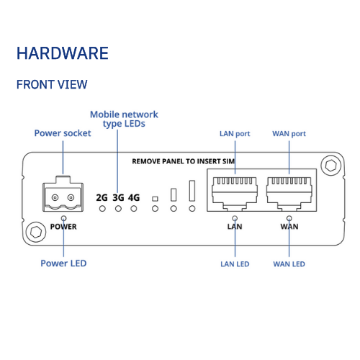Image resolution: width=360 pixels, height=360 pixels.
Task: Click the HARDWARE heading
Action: (63, 53)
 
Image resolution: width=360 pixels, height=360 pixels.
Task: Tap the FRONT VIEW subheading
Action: (52, 84)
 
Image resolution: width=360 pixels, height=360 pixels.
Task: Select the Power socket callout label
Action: (63, 133)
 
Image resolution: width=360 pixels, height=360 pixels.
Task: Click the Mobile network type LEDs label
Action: (124, 120)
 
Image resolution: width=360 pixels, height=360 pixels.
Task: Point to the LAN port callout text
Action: (235, 134)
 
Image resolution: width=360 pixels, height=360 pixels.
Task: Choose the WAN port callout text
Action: (289, 134)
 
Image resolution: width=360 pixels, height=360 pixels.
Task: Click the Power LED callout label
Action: (63, 264)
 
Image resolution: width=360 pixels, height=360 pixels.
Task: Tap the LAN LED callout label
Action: (235, 264)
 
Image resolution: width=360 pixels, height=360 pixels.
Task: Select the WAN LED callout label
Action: (289, 264)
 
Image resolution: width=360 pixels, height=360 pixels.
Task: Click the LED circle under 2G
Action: (102, 209)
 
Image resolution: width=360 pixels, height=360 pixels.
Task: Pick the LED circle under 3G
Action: (118, 209)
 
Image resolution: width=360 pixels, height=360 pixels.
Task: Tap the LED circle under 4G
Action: (134, 209)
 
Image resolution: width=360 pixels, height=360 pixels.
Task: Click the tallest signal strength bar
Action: (192, 191)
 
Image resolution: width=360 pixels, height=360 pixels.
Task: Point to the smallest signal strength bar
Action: (156, 199)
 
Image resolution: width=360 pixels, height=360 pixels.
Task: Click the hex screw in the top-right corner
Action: (331, 166)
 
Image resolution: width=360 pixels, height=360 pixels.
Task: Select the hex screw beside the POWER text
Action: (36, 232)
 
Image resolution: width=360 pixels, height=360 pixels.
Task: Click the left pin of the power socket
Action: (55, 197)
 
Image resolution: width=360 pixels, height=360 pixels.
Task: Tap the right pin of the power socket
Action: (71, 197)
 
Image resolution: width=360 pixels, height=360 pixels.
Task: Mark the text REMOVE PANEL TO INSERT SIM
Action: (184, 161)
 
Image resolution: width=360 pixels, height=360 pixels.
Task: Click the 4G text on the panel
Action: (134, 198)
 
